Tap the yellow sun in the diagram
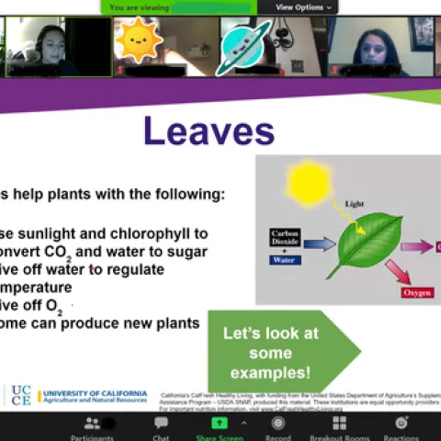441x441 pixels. (x=309, y=182)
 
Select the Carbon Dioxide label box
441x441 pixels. (x=286, y=237)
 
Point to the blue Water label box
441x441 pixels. (x=285, y=260)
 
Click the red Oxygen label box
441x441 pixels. (x=416, y=293)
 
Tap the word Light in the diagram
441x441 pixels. (x=354, y=203)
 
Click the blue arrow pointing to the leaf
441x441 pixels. (x=319, y=244)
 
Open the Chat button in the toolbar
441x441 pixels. (x=161, y=427)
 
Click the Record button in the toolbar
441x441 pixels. (x=277, y=427)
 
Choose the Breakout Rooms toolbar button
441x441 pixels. (x=339, y=427)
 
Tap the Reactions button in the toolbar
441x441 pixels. (x=401, y=427)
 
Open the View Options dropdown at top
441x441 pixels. (x=299, y=7)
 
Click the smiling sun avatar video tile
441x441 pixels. (x=139, y=42)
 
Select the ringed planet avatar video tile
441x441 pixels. (x=243, y=46)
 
